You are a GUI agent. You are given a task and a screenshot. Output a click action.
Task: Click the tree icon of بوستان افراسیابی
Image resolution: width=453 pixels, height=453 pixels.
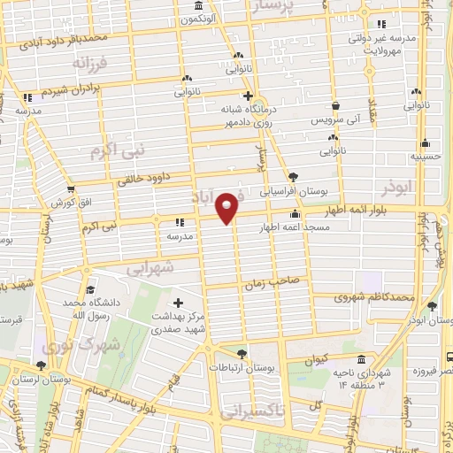pyautogui.click(x=293, y=177)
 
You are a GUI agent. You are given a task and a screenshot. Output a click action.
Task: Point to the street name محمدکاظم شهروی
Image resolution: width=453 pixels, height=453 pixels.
pyautogui.click(x=374, y=297)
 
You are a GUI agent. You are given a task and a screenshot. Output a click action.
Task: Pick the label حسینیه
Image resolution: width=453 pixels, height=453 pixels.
pyautogui.click(x=426, y=155)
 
